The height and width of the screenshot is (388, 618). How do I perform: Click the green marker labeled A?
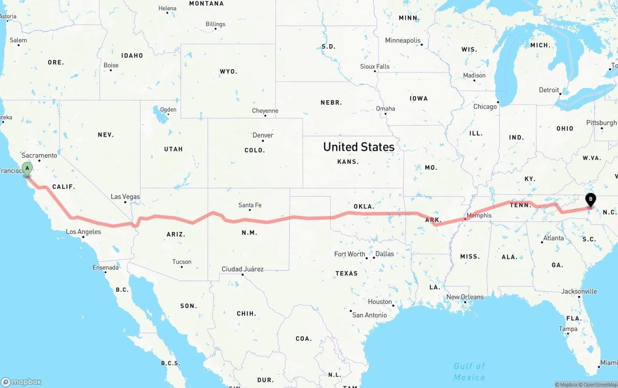(28, 169)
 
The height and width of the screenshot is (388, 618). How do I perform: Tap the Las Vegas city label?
(125, 197)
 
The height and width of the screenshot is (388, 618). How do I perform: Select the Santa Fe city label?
(250, 205)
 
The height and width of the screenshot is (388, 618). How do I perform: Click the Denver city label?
(263, 135)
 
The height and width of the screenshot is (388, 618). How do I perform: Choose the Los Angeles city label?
(84, 232)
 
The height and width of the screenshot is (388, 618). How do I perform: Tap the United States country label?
(359, 147)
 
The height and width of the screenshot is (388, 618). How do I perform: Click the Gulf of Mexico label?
(469, 372)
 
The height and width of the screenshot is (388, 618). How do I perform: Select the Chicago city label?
(485, 107)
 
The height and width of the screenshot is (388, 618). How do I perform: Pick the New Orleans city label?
(464, 297)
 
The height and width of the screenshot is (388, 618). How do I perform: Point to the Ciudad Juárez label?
(242, 269)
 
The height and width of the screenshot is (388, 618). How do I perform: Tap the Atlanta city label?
(553, 238)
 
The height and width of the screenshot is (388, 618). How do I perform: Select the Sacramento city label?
(39, 156)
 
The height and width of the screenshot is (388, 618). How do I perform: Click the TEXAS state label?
(347, 273)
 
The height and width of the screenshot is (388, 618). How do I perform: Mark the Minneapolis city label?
(403, 41)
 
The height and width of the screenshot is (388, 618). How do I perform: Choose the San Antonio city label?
(369, 315)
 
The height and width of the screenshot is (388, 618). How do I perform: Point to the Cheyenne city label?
(265, 111)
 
